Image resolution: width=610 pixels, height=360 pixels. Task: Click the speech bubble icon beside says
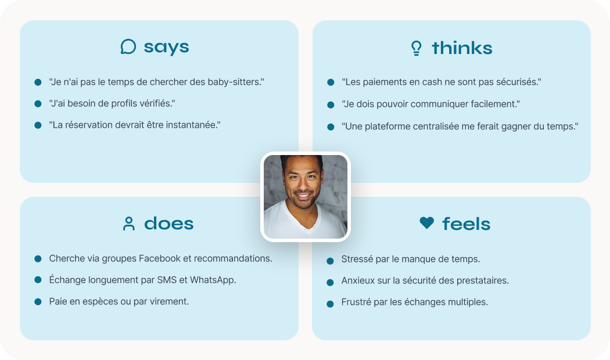[x=128, y=46]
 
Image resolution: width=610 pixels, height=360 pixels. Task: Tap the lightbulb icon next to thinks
[x=417, y=48]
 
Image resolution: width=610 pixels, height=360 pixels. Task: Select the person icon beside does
[x=129, y=224]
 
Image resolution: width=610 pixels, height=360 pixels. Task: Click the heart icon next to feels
[x=427, y=223]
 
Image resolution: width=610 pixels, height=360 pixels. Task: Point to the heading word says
[x=167, y=48]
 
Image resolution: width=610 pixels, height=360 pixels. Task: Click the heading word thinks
[x=462, y=48]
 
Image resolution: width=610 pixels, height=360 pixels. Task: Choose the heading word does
[x=169, y=224]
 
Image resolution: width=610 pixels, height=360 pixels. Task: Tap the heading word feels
[x=466, y=224]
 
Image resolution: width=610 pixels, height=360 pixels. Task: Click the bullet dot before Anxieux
[x=331, y=283]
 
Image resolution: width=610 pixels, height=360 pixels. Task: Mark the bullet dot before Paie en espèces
[x=38, y=302]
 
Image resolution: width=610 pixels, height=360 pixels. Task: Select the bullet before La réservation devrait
[x=38, y=125]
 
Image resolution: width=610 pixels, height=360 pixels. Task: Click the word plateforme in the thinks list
[x=411, y=127]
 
